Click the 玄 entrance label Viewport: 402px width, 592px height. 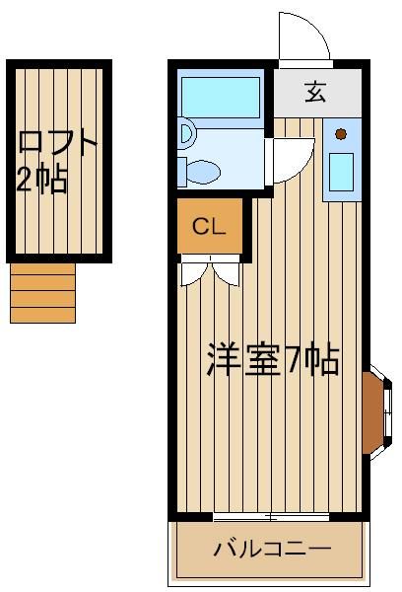315,93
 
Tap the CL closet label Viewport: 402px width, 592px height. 209,227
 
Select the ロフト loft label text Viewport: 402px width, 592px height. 58,143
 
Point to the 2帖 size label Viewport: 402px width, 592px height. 42,178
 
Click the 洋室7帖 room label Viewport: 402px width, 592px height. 273,359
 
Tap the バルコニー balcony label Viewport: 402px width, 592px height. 273,549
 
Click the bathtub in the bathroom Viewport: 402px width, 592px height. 221,98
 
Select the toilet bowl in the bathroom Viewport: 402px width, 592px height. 204,172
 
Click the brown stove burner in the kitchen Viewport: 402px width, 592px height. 341,134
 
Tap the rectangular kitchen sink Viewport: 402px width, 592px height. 341,172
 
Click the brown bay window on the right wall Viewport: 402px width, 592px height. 373,412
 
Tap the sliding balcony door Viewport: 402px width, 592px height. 271,517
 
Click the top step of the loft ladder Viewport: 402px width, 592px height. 42,269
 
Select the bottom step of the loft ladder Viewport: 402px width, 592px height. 42,315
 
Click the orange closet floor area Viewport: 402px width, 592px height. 210,226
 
